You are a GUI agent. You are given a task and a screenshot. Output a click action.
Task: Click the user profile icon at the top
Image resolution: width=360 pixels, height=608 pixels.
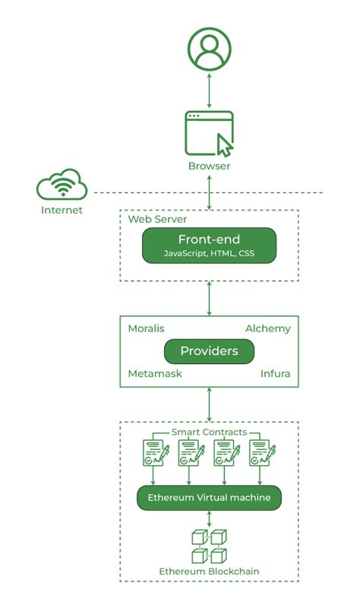(x=210, y=49)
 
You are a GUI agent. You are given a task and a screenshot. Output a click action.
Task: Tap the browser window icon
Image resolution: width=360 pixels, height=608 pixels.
(x=210, y=134)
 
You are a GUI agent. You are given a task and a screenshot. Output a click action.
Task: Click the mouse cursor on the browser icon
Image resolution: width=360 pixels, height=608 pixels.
(x=225, y=145)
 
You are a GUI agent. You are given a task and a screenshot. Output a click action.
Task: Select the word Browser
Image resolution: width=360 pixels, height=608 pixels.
(x=210, y=166)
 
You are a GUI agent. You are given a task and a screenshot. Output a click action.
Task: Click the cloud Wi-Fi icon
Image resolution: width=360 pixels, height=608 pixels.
(x=62, y=185)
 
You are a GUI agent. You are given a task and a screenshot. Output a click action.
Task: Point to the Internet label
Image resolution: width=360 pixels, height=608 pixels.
(x=62, y=211)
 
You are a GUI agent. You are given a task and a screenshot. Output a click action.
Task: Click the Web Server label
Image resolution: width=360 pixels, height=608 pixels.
(x=157, y=219)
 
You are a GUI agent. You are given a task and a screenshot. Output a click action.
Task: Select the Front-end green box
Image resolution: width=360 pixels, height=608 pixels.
(x=210, y=245)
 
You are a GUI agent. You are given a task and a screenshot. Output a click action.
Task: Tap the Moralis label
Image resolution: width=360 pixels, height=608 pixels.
(x=146, y=328)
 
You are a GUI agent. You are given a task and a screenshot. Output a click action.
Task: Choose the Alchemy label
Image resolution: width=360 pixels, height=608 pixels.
(x=268, y=329)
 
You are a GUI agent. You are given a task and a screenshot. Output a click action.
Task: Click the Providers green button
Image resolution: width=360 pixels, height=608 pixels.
(x=210, y=351)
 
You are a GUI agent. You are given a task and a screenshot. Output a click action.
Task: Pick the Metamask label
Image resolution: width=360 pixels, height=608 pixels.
(x=155, y=373)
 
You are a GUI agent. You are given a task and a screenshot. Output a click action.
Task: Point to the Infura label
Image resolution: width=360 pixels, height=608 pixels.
(x=275, y=373)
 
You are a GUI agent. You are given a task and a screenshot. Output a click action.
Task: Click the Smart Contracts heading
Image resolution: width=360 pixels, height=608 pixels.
(x=210, y=432)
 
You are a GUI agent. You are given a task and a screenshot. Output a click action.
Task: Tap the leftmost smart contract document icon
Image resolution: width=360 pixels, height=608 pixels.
(x=156, y=452)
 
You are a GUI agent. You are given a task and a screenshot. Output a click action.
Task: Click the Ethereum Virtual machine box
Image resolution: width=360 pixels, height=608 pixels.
(x=210, y=498)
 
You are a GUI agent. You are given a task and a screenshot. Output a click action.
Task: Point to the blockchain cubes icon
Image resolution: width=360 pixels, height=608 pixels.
(x=210, y=546)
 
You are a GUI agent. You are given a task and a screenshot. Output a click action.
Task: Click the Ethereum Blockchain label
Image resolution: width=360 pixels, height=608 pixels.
(x=210, y=572)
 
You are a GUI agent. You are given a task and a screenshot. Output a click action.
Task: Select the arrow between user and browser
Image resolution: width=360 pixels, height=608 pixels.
(x=210, y=90)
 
